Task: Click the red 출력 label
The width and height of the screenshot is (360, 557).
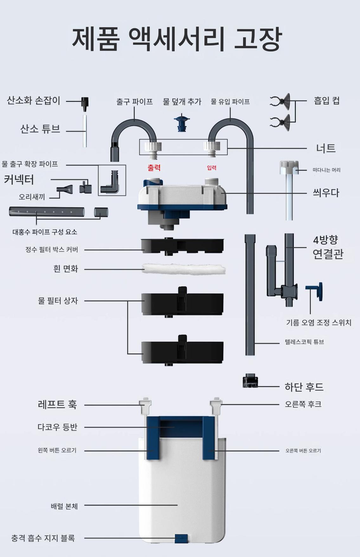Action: [x=154, y=168]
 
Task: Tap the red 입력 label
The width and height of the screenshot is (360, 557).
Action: [x=211, y=168]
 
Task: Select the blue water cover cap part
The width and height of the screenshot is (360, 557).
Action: [x=182, y=123]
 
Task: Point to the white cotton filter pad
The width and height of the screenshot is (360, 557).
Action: [x=184, y=269]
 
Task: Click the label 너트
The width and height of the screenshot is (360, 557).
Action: [x=326, y=148]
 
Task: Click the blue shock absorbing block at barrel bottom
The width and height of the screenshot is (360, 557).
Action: [x=181, y=538]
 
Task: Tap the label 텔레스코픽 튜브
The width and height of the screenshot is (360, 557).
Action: [x=304, y=342]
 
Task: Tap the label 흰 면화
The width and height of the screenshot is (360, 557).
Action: [x=66, y=269]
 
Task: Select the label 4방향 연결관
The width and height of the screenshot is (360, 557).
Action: [x=328, y=247]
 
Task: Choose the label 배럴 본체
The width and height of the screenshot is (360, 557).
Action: [x=64, y=506]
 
